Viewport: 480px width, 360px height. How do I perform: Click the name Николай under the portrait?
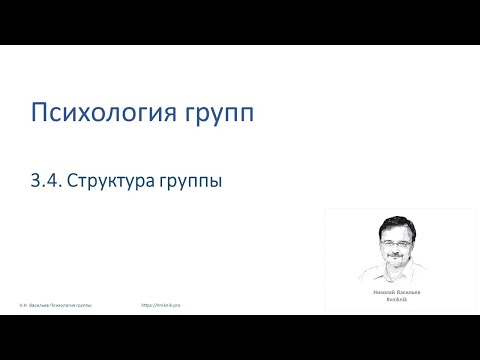[x=386, y=291]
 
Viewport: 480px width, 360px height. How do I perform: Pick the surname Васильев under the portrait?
[x=409, y=291]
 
